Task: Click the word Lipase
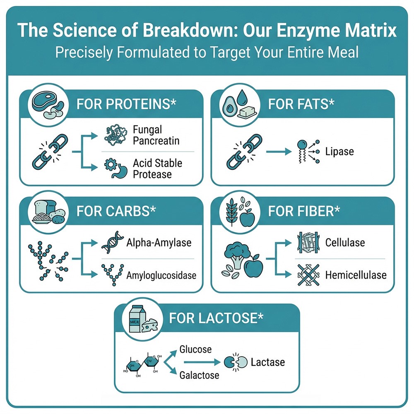(x=339, y=152)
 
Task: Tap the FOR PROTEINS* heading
(x=126, y=104)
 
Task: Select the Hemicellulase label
(x=356, y=275)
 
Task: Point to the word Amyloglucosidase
(x=161, y=275)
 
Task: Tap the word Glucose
(x=195, y=349)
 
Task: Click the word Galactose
(x=199, y=375)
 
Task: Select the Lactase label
(x=268, y=362)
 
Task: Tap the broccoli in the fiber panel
(x=236, y=255)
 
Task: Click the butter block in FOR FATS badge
(x=247, y=112)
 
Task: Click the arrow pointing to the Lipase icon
(x=279, y=152)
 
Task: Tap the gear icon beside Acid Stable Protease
(x=111, y=164)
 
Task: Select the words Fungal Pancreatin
(x=156, y=135)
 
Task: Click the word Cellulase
(x=345, y=242)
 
